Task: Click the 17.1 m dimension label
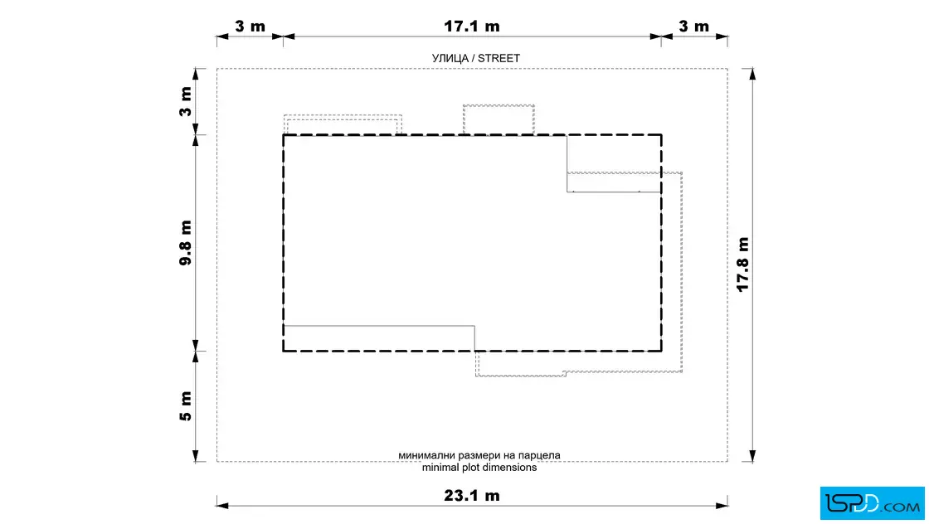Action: click(x=472, y=27)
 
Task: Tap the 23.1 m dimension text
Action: click(x=472, y=496)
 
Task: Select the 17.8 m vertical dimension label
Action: click(x=743, y=264)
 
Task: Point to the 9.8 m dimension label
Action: click(x=186, y=243)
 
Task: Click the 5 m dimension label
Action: click(x=186, y=406)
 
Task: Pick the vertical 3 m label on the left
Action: click(x=186, y=102)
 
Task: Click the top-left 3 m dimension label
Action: click(x=250, y=27)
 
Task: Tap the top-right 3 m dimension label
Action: click(x=693, y=27)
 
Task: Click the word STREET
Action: click(x=499, y=58)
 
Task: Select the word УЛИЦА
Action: click(x=450, y=58)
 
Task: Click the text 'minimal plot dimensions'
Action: click(x=479, y=467)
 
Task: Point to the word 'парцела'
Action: click(x=539, y=455)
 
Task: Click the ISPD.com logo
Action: click(x=872, y=503)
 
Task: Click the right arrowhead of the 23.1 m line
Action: click(x=722, y=506)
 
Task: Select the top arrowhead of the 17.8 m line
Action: click(x=752, y=74)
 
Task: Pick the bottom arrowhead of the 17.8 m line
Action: click(x=752, y=456)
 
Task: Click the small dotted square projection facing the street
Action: click(x=499, y=120)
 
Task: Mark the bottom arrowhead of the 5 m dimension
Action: click(x=196, y=456)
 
